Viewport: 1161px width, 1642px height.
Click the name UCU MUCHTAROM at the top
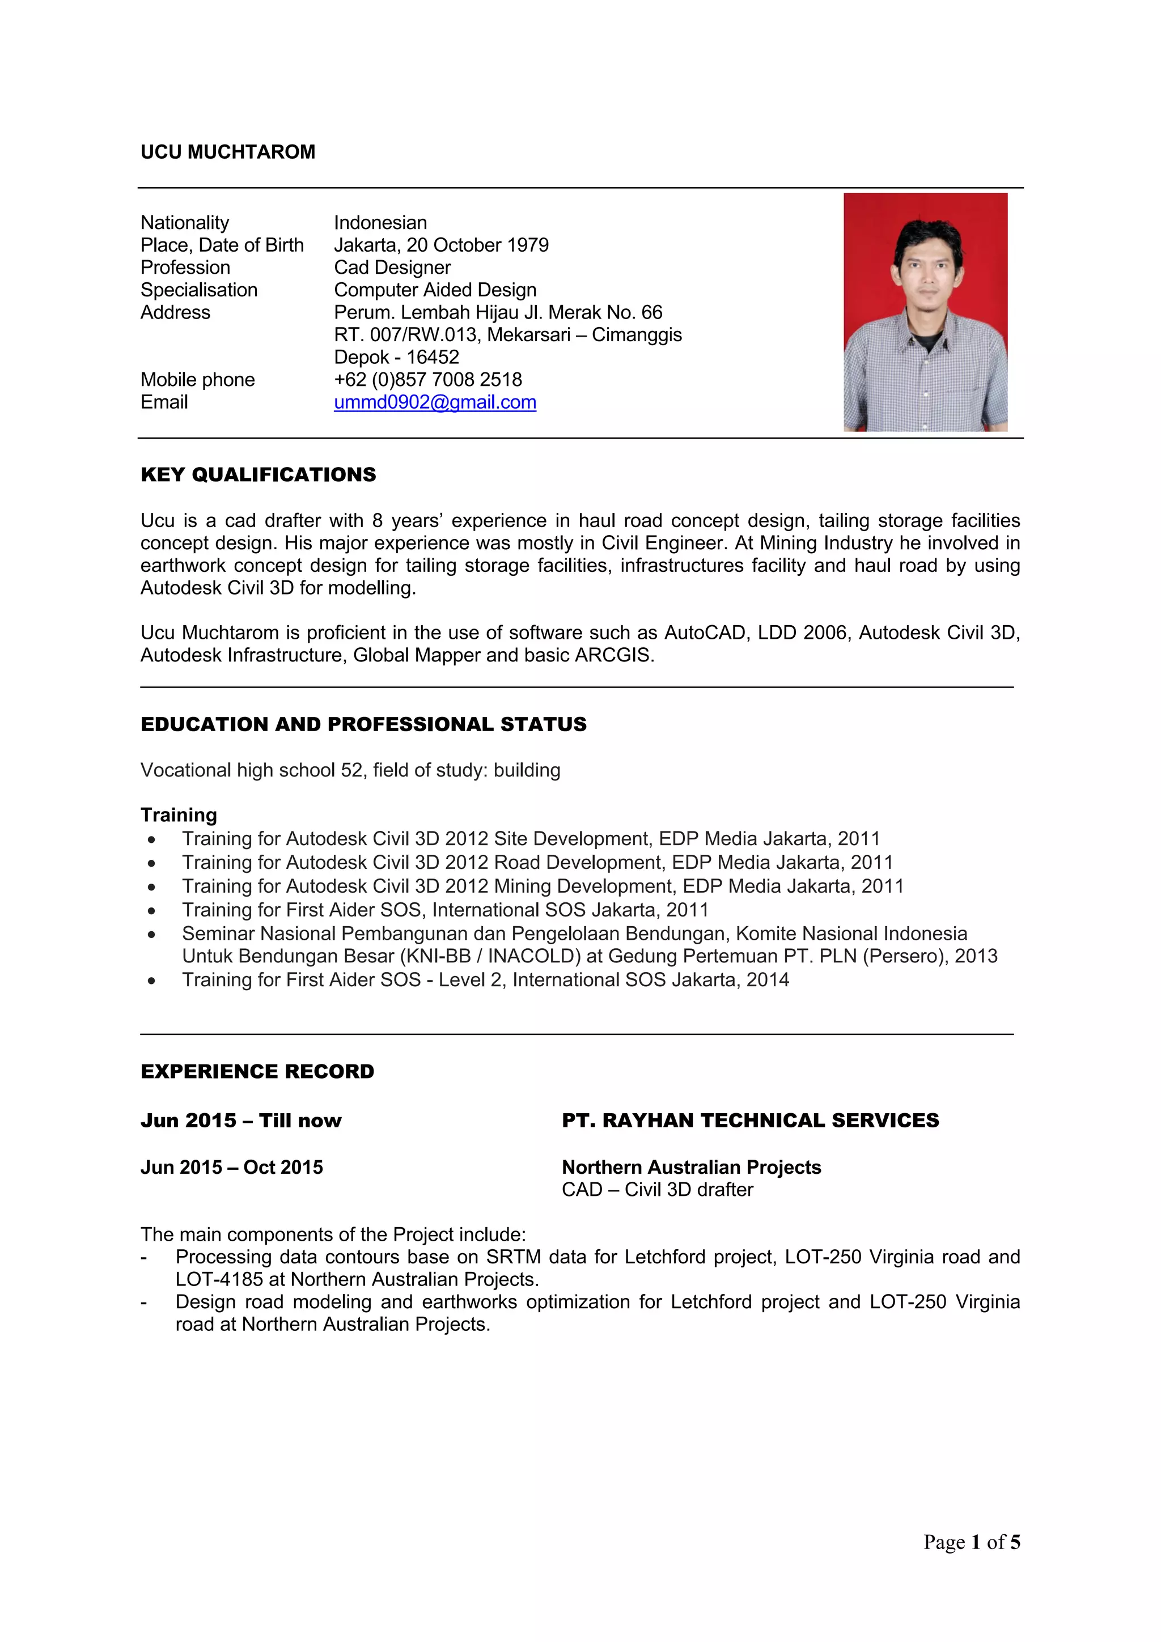point(227,151)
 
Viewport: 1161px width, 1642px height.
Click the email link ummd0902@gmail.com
point(435,402)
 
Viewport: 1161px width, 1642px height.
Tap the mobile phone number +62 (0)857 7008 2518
point(428,379)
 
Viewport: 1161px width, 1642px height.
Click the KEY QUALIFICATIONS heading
point(259,474)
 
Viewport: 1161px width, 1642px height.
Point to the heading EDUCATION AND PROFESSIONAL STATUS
point(363,724)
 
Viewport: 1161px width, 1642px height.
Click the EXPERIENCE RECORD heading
point(257,1071)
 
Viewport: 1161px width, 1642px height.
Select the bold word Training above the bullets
point(179,814)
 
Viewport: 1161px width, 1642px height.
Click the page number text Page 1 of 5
point(972,1542)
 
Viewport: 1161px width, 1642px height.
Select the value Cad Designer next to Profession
point(392,268)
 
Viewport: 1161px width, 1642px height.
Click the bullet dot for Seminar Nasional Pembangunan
point(152,934)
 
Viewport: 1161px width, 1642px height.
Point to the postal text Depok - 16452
point(396,357)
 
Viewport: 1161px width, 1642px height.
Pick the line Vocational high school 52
point(350,770)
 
